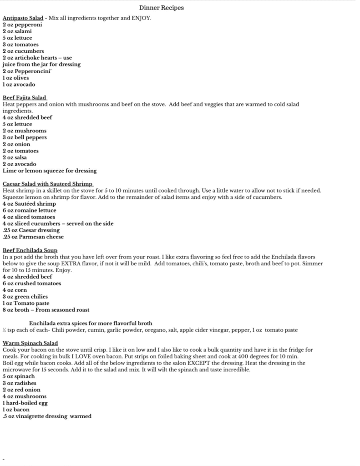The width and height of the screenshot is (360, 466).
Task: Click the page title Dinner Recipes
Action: click(x=162, y=8)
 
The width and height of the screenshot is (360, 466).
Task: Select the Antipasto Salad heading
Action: click(x=23, y=18)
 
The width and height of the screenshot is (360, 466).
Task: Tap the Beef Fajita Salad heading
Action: click(x=25, y=97)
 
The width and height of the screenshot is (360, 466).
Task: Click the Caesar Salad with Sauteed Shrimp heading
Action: click(x=48, y=184)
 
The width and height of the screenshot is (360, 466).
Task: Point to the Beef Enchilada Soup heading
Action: click(x=30, y=250)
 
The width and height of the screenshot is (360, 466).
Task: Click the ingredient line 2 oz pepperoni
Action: click(x=22, y=25)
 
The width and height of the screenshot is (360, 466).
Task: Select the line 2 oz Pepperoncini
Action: click(x=25, y=71)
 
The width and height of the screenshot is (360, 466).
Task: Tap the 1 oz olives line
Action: click(x=15, y=78)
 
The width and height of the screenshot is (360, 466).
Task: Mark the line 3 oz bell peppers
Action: click(x=25, y=137)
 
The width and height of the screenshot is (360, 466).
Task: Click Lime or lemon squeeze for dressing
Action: click(x=50, y=171)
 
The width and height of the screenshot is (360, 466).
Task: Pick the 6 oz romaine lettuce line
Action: click(x=30, y=211)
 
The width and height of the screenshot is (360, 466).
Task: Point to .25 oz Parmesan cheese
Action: click(x=33, y=237)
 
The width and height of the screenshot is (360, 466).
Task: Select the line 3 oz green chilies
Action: click(x=25, y=297)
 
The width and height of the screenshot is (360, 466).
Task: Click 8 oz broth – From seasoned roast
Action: click(x=46, y=310)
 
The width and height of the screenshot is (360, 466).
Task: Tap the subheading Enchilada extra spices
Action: click(x=91, y=323)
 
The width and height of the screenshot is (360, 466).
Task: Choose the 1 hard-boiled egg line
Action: click(x=25, y=403)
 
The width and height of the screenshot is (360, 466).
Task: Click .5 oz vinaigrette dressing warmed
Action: click(x=47, y=416)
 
